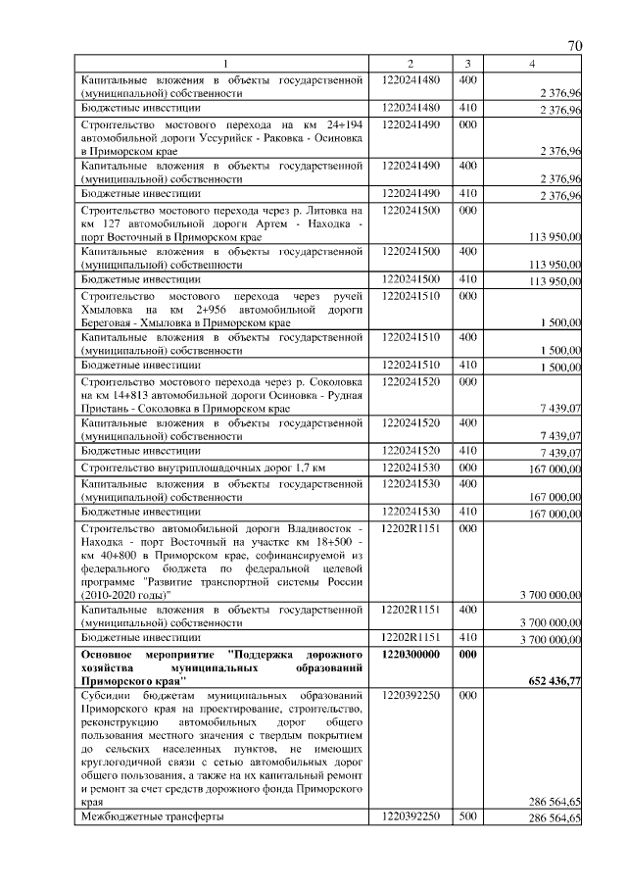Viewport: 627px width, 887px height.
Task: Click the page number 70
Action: click(575, 46)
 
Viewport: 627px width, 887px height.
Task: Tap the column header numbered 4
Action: click(531, 64)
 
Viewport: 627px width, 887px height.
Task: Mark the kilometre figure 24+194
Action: click(338, 124)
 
